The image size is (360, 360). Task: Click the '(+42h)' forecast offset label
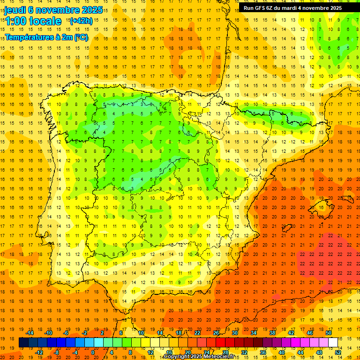tap(81, 21)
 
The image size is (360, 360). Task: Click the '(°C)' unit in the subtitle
tap(80, 37)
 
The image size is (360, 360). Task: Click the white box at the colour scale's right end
tap(333, 342)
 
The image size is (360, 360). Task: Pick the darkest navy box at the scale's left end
tap(23, 342)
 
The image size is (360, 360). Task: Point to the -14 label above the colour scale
tap(31, 333)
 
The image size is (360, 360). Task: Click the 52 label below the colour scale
tap(338, 352)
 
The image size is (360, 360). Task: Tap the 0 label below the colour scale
tap(93, 352)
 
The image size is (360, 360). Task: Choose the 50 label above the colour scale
tap(329, 333)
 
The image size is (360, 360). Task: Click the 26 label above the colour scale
tap(216, 333)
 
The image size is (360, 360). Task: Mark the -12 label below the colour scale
tap(39, 352)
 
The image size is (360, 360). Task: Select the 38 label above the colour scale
tap(272, 333)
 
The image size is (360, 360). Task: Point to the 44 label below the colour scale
tap(300, 352)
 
